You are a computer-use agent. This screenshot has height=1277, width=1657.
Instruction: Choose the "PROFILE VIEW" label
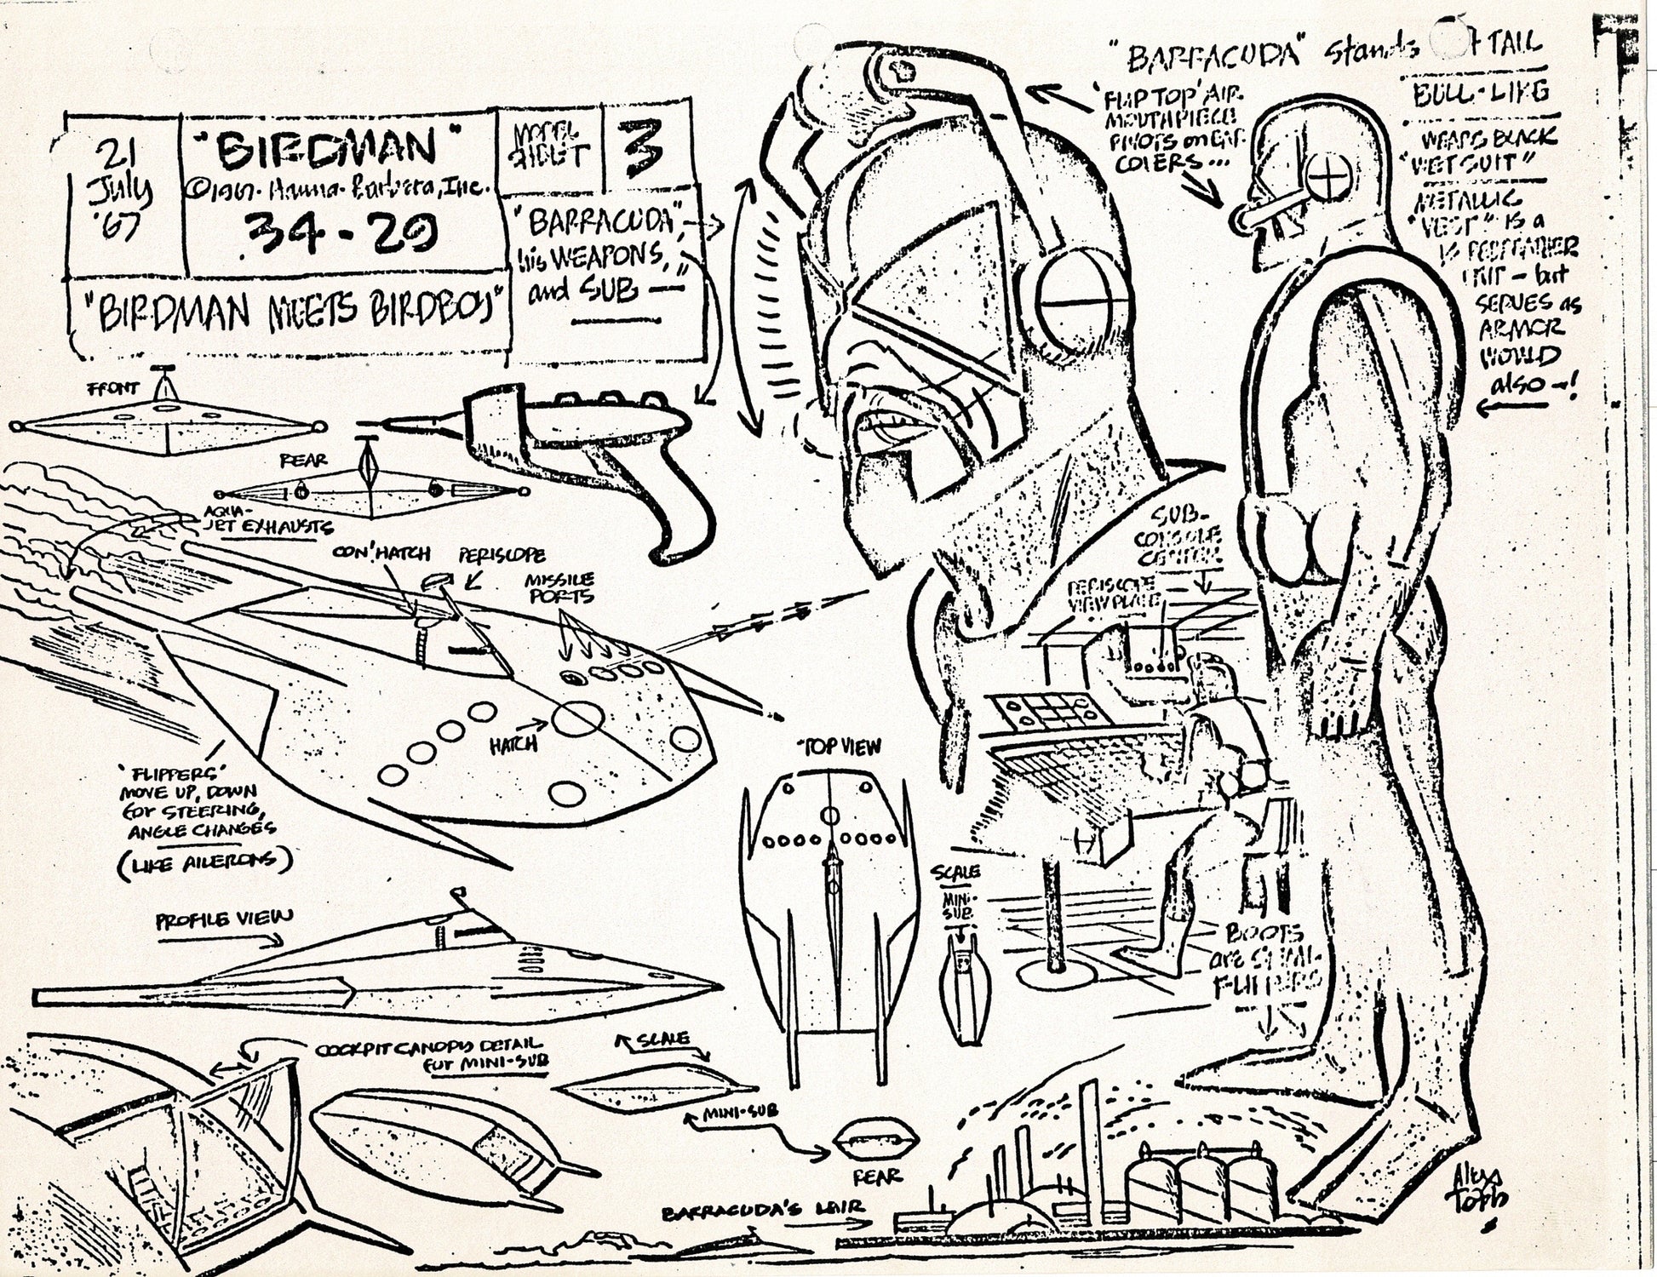(225, 920)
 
